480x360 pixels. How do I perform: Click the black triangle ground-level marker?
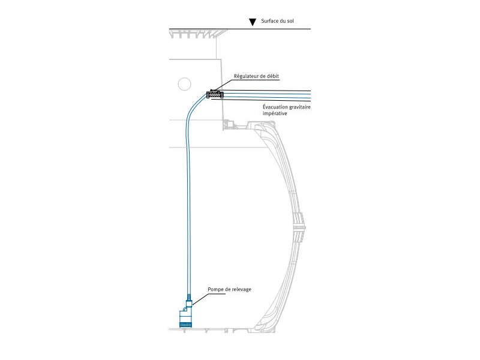pyautogui.click(x=253, y=22)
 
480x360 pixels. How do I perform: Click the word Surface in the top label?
pyautogui.click(x=271, y=22)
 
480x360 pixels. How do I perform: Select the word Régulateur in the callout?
pyautogui.click(x=247, y=76)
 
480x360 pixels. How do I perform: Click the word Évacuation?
pyautogui.click(x=276, y=107)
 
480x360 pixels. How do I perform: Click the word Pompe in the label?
pyautogui.click(x=216, y=289)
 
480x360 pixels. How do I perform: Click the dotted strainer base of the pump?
pyautogui.click(x=185, y=325)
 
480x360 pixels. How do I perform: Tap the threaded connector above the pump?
pyautogui.click(x=188, y=298)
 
